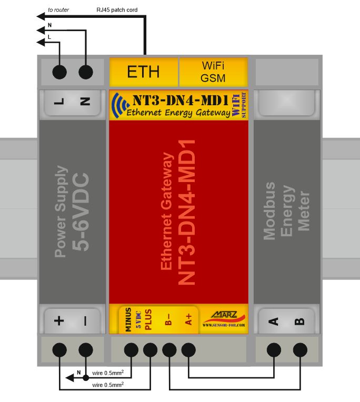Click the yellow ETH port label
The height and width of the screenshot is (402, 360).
pos(143,72)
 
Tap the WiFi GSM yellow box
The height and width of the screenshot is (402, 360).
pos(213,72)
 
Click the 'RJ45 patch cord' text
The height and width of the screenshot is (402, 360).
pos(117,10)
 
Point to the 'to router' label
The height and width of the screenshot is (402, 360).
pos(58,10)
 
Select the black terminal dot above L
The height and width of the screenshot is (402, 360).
pos(59,72)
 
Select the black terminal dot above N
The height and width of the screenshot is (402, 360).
pos(85,72)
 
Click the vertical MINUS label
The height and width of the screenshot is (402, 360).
pos(128,319)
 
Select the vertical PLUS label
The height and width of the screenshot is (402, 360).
pos(148,319)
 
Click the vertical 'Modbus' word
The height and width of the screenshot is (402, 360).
pos(269,211)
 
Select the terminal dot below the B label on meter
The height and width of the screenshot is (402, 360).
pos(300,349)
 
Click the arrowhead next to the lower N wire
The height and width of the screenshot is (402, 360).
pos(69,377)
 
